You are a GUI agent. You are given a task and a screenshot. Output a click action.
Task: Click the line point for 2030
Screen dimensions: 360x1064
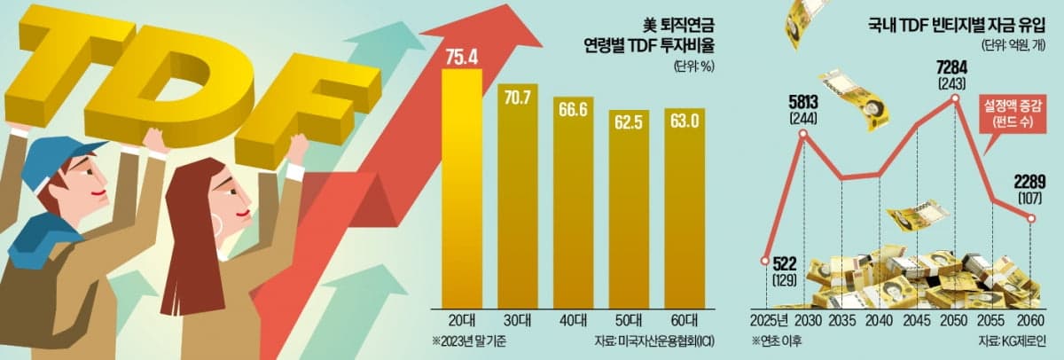[x=803, y=134]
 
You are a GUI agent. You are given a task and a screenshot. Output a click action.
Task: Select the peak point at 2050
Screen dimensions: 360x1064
[x=956, y=98]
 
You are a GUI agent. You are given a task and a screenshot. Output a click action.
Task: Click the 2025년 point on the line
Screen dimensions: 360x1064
[x=765, y=261]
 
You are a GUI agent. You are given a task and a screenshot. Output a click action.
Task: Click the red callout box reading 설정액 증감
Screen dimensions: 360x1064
[x=1013, y=112]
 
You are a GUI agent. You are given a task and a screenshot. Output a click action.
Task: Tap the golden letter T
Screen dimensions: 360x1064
[x=80, y=53]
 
